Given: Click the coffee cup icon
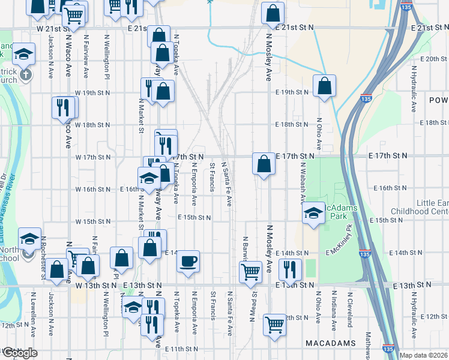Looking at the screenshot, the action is pyautogui.click(x=188, y=261).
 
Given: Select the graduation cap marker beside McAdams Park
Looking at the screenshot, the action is pyautogui.click(x=313, y=213).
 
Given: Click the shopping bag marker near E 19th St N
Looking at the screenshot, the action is pyautogui.click(x=324, y=86).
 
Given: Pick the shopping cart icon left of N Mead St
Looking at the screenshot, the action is pyautogui.click(x=250, y=271).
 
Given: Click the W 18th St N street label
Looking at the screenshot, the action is pyautogui.click(x=92, y=125).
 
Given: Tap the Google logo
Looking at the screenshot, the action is pyautogui.click(x=19, y=353).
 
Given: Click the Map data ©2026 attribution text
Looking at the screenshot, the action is pyautogui.click(x=423, y=355).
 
